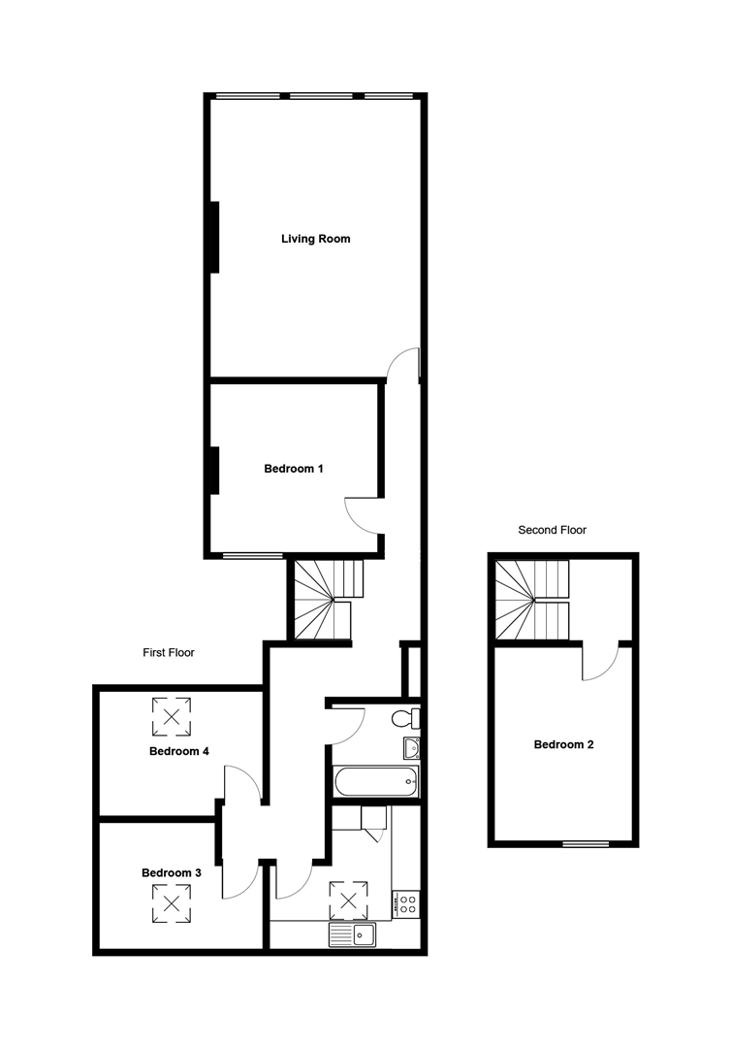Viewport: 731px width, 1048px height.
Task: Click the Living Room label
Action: tap(315, 239)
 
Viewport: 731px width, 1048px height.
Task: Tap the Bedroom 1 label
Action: tap(294, 469)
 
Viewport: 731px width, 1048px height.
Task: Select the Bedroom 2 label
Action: tap(563, 745)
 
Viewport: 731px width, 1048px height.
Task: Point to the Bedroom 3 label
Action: tap(172, 873)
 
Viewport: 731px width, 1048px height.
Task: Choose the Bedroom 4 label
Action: tap(179, 751)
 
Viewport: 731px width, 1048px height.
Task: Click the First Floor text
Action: tap(169, 653)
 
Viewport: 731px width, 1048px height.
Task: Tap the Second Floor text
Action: tap(553, 530)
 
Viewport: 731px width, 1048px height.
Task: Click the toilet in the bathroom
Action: tap(406, 718)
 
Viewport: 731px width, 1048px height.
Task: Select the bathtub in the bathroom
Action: tap(376, 780)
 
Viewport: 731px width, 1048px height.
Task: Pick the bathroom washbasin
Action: tap(412, 748)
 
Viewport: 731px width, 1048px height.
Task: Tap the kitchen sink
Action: tap(353, 934)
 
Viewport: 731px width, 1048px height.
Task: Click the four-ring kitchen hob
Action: tap(404, 905)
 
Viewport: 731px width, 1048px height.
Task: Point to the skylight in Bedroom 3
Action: tap(173, 903)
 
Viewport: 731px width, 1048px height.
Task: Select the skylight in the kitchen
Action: tap(350, 900)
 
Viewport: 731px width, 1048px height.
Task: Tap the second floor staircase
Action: tap(532, 601)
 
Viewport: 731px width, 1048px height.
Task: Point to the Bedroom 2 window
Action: tap(588, 843)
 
